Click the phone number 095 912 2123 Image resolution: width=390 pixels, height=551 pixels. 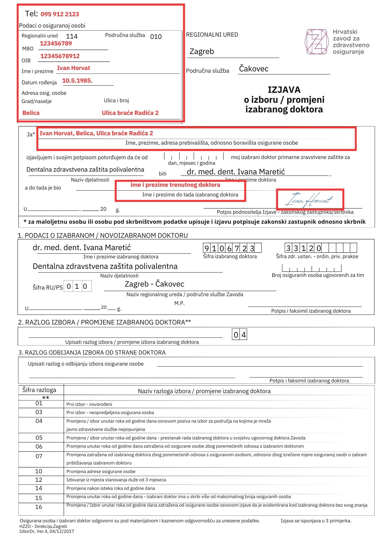(x=60, y=14)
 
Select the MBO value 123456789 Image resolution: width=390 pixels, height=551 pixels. (x=56, y=44)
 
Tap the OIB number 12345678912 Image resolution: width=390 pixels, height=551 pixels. (x=60, y=56)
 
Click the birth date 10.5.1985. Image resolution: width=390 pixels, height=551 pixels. (x=77, y=81)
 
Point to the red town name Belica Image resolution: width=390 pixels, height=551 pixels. (x=31, y=113)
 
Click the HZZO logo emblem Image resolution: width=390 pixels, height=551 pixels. (x=317, y=42)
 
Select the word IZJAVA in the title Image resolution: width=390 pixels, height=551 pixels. (x=284, y=90)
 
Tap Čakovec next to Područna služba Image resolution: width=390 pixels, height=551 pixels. (x=253, y=69)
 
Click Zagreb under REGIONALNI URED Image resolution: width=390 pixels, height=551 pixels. (x=202, y=52)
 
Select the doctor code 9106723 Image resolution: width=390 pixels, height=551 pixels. (x=229, y=248)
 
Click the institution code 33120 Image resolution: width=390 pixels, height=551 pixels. (x=303, y=248)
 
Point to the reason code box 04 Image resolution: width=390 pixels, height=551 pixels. (x=239, y=335)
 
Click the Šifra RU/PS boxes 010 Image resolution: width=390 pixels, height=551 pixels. (x=77, y=286)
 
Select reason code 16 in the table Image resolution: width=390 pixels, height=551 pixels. (x=39, y=507)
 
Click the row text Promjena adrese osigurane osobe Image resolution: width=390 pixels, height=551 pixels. (x=101, y=471)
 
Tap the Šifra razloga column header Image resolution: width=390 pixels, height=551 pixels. (x=39, y=390)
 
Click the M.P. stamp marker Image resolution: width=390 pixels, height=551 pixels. (x=179, y=303)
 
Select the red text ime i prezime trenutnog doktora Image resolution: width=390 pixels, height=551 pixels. (x=175, y=185)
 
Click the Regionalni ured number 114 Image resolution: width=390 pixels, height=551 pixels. (x=72, y=36)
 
